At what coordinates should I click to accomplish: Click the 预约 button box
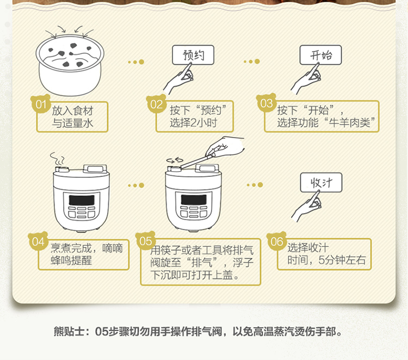point(193,55)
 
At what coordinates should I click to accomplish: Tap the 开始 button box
point(320,55)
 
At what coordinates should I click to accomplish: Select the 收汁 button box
point(321,183)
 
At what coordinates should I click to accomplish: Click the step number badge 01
point(41,104)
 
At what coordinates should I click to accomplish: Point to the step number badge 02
point(156,104)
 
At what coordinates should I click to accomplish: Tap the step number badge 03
point(266,103)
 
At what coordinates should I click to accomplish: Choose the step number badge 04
point(38,241)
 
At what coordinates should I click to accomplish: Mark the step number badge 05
point(145,240)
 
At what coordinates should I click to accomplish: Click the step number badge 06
point(276,241)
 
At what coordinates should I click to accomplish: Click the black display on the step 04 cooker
point(82,200)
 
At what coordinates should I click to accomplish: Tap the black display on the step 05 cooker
point(194,200)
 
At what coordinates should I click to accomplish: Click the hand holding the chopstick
point(225,147)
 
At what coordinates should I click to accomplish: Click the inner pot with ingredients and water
point(70,65)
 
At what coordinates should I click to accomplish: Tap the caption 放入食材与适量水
point(72,117)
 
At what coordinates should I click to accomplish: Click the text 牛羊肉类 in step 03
point(349,122)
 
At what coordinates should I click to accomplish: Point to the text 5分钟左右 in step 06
point(342,259)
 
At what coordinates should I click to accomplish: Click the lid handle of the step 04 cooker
point(95,169)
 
